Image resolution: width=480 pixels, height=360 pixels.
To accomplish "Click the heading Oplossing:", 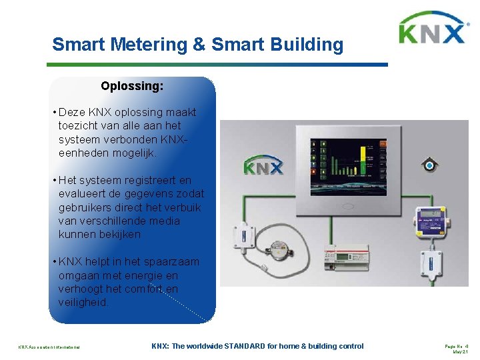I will [x=132, y=86].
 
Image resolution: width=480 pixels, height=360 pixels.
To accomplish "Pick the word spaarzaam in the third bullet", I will [x=173, y=261].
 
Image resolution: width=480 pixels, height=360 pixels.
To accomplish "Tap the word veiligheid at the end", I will [x=83, y=302].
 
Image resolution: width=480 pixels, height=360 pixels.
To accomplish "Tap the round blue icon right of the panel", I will [x=430, y=165].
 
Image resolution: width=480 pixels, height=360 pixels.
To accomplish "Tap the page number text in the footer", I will [x=457, y=346].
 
